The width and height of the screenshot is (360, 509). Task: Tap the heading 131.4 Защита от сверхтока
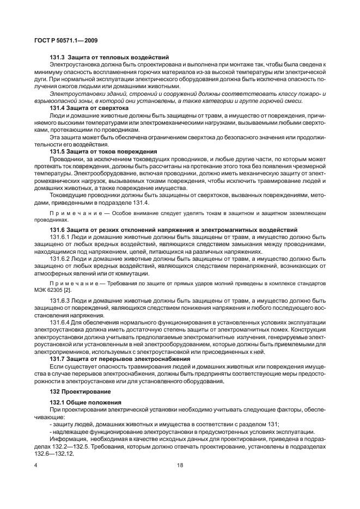point(89,108)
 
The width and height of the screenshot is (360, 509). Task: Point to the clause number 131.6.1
point(60,237)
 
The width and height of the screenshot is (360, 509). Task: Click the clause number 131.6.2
point(60,259)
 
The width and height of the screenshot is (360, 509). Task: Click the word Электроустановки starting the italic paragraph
point(71,94)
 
